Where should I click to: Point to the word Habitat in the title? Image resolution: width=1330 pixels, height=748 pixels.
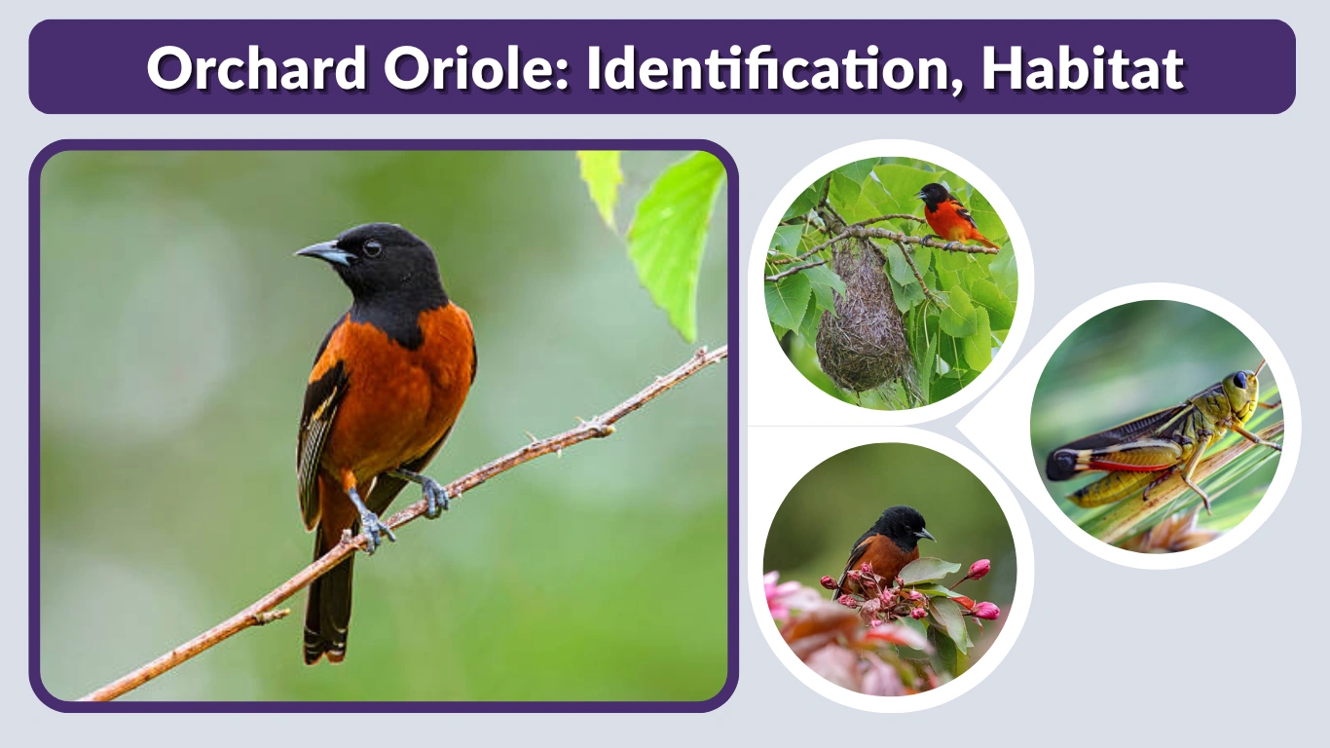pyautogui.click(x=1082, y=68)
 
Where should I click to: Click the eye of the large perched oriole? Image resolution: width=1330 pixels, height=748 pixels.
pyautogui.click(x=371, y=249)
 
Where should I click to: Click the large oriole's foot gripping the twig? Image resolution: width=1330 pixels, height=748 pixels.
pyautogui.click(x=374, y=531)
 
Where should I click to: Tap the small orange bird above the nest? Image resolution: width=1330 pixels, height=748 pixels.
pyautogui.click(x=948, y=214)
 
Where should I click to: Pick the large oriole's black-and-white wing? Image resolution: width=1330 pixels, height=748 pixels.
pyautogui.click(x=321, y=429)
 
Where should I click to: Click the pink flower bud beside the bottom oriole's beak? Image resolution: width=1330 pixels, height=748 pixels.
pyautogui.click(x=978, y=569)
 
